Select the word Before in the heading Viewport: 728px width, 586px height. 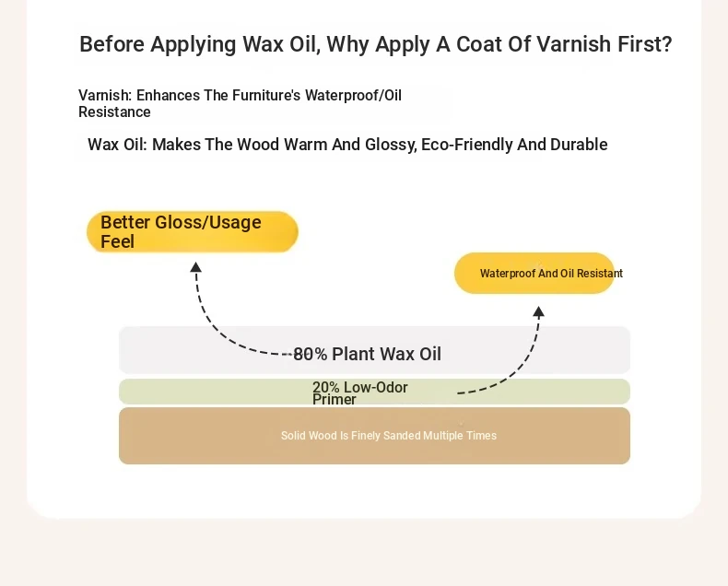(x=112, y=44)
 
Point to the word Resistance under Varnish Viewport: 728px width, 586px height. (x=114, y=111)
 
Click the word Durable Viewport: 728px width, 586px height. (x=579, y=145)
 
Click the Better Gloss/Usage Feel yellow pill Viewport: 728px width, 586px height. (x=193, y=231)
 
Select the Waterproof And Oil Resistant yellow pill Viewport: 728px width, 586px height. (x=534, y=273)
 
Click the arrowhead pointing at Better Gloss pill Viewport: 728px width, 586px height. (x=196, y=267)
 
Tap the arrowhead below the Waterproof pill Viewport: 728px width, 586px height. (x=538, y=311)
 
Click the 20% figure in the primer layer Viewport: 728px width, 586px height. (x=326, y=387)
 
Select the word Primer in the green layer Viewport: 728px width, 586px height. (x=335, y=399)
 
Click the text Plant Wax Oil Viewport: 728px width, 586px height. (x=386, y=354)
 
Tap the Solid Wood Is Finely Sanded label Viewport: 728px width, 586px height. (x=389, y=436)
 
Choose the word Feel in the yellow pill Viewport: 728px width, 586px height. (x=117, y=241)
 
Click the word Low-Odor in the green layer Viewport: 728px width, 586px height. (x=376, y=387)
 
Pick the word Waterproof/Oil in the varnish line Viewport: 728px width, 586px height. (x=353, y=95)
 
